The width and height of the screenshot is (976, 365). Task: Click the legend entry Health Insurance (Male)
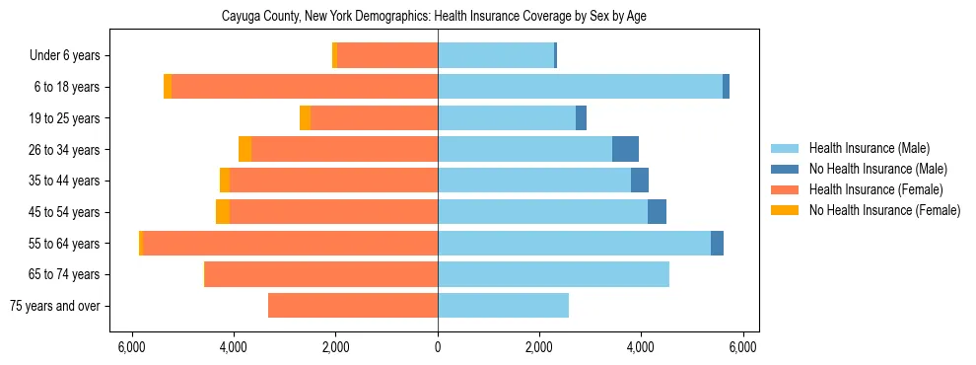coord(868,148)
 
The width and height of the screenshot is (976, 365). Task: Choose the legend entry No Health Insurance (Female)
coord(883,210)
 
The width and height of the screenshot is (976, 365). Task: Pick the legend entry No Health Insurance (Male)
coord(877,169)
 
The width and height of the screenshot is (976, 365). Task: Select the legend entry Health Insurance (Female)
coord(875,189)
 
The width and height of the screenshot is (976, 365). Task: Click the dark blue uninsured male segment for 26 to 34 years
coord(625,150)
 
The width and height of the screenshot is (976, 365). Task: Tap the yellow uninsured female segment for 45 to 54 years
coord(223,212)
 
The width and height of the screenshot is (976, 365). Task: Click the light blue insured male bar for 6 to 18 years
coord(580,87)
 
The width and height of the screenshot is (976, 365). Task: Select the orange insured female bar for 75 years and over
coord(353,306)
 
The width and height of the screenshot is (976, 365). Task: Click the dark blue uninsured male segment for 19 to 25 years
coord(581,118)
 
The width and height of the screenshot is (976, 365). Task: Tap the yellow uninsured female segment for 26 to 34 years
coord(244,150)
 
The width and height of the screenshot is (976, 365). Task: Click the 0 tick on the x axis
coord(438,347)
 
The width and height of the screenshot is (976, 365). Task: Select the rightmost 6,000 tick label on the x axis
coord(742,347)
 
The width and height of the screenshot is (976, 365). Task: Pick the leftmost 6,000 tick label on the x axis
coord(132,347)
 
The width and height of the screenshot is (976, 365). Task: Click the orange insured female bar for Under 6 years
coord(387,56)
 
